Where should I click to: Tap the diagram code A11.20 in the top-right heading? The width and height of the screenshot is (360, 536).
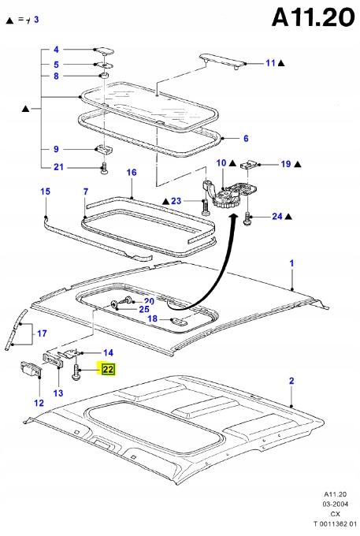coord(311,18)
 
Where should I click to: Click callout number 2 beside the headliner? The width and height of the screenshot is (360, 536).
coord(291,381)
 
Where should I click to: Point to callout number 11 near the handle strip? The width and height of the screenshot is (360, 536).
coord(269,62)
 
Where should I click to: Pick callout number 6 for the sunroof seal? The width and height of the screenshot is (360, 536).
coord(245,139)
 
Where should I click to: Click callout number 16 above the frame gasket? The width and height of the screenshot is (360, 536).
coord(132,173)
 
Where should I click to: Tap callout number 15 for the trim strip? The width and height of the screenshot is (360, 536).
coord(45,192)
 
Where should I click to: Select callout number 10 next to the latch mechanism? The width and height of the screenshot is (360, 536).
coord(221,163)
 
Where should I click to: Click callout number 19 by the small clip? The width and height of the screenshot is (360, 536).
coord(285,164)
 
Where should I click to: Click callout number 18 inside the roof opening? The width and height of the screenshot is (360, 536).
coord(153,319)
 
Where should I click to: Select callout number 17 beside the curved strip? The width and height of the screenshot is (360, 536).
coord(42,333)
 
